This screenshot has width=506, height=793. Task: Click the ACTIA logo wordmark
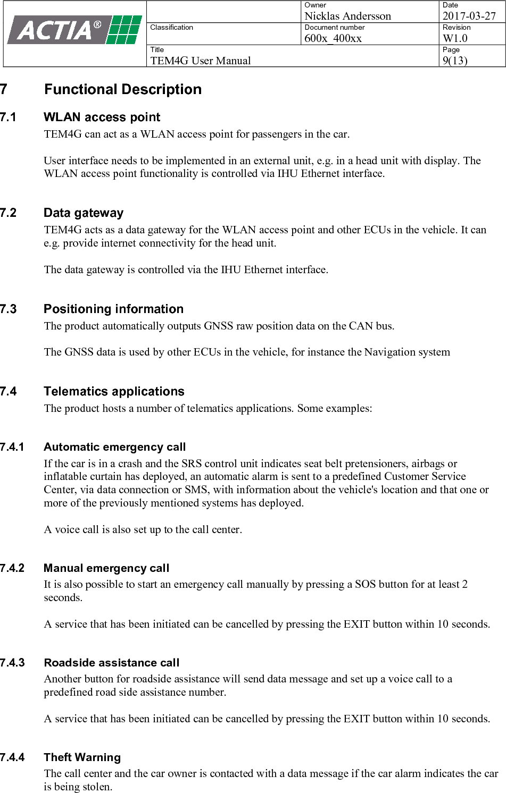click(56, 30)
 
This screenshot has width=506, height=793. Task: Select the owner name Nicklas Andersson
click(347, 16)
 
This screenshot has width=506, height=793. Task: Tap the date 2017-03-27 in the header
click(469, 16)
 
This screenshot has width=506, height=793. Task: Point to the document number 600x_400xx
click(333, 38)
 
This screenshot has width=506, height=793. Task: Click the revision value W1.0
click(455, 38)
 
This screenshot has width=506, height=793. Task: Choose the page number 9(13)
click(455, 61)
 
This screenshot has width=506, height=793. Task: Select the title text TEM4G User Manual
click(201, 61)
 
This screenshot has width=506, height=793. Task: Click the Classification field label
click(172, 27)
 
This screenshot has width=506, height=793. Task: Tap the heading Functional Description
click(123, 89)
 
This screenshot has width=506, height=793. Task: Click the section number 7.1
click(9, 117)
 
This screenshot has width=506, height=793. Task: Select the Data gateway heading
click(84, 213)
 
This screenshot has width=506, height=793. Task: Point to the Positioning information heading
click(113, 309)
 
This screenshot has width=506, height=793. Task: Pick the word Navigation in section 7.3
click(388, 352)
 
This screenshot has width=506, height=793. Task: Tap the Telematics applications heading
click(114, 392)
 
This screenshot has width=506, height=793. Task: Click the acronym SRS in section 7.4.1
click(192, 463)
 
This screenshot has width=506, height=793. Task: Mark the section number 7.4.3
click(12, 663)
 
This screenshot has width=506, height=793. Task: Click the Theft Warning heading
click(82, 757)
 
